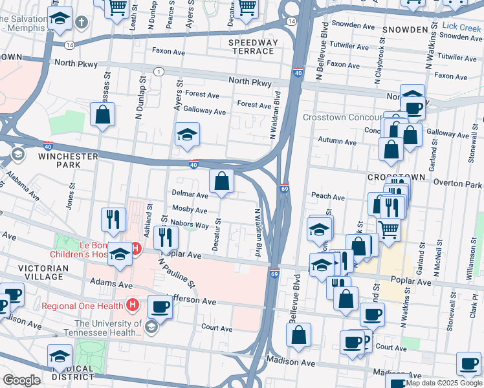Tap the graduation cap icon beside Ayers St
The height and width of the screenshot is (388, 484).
188,135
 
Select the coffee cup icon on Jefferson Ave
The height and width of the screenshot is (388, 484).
160,306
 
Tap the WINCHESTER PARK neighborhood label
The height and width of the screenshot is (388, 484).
68,160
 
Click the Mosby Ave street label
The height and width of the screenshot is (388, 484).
190,210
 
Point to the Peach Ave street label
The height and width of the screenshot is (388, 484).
328,196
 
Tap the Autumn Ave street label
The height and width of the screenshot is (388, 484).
337,142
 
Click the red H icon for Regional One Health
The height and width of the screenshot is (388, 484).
132,303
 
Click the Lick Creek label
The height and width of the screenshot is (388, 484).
462,27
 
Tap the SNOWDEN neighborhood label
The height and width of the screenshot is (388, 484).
405,30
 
